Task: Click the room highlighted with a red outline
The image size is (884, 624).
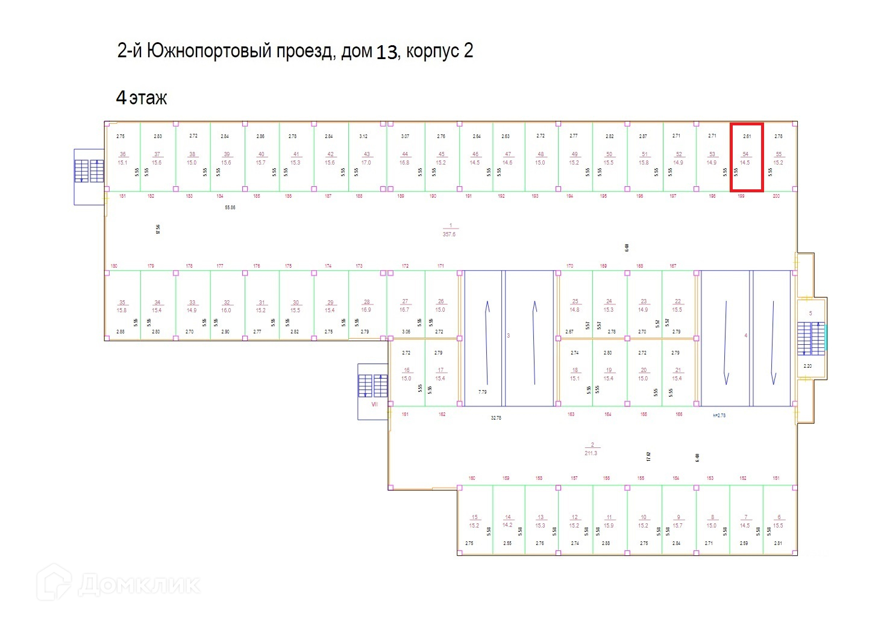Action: coord(747,158)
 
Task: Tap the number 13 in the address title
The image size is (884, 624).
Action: coord(387,52)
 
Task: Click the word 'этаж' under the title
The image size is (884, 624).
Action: coord(148,98)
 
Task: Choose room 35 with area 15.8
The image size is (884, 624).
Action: coord(122,306)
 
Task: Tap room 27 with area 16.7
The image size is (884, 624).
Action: coord(405,305)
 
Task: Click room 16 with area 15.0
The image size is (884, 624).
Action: coord(407,374)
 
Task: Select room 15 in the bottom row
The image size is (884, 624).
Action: coord(474,521)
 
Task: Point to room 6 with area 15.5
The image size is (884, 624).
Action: coord(779,521)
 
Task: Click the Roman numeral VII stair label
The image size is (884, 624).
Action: coord(374,404)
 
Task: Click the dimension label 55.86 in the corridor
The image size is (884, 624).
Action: coord(230,207)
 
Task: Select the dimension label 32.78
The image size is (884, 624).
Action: coord(496,418)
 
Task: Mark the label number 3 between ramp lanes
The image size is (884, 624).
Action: coord(509,335)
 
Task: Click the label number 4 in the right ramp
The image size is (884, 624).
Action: coord(746,335)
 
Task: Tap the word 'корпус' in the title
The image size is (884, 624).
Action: coord(432,51)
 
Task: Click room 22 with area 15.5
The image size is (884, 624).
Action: coord(677,305)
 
